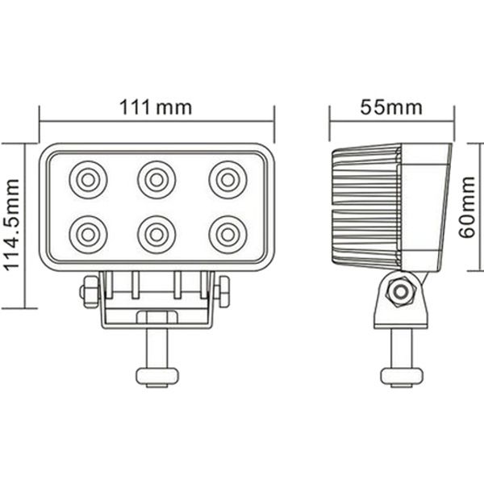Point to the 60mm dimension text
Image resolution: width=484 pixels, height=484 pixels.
pyautogui.click(x=467, y=209)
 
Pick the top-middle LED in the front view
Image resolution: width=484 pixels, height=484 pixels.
pyautogui.click(x=156, y=178)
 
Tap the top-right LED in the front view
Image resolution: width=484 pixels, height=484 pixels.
pyautogui.click(x=227, y=178)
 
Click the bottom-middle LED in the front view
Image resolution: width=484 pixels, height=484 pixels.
pyautogui.click(x=156, y=234)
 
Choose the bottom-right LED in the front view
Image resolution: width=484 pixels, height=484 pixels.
pyautogui.click(x=227, y=234)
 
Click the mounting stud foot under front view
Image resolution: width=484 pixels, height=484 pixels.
pyautogui.click(x=156, y=376)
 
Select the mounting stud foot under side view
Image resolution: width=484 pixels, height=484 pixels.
pyautogui.click(x=401, y=376)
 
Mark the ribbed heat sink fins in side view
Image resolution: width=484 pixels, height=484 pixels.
pyautogui.click(x=365, y=208)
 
